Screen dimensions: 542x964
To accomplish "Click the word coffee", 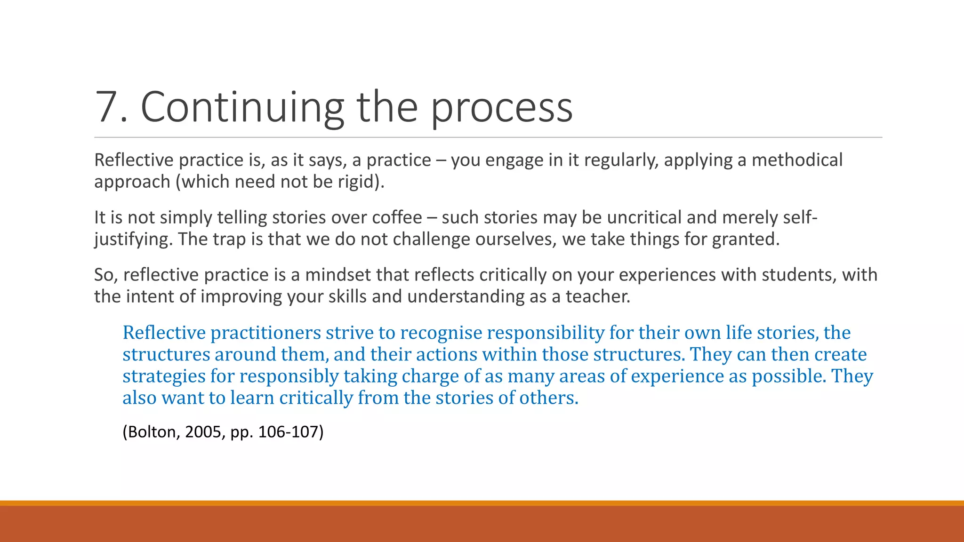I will [397, 218].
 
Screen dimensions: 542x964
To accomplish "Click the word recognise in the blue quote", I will [441, 333].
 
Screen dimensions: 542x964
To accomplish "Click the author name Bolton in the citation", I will [152, 432].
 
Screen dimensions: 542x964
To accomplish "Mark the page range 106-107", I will [288, 432].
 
